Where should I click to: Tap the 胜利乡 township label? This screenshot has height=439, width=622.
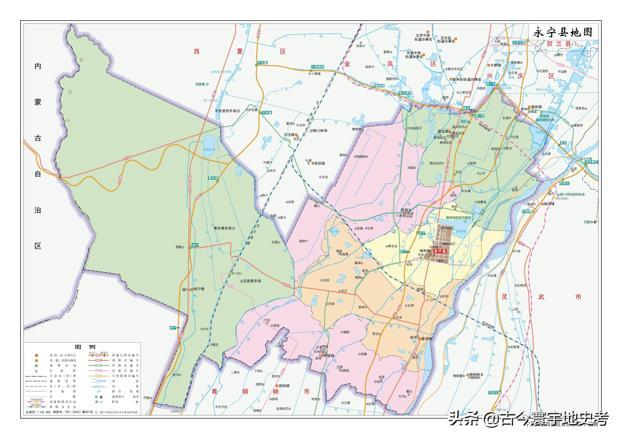[x=406, y=210]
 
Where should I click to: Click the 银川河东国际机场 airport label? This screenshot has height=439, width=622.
[x=572, y=194]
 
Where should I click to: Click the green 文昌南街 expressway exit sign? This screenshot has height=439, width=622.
[x=318, y=67]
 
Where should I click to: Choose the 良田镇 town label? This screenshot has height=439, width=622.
[x=320, y=163]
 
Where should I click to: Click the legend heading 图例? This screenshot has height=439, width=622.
[x=85, y=347]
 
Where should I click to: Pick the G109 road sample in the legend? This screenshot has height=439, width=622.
[x=99, y=360]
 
